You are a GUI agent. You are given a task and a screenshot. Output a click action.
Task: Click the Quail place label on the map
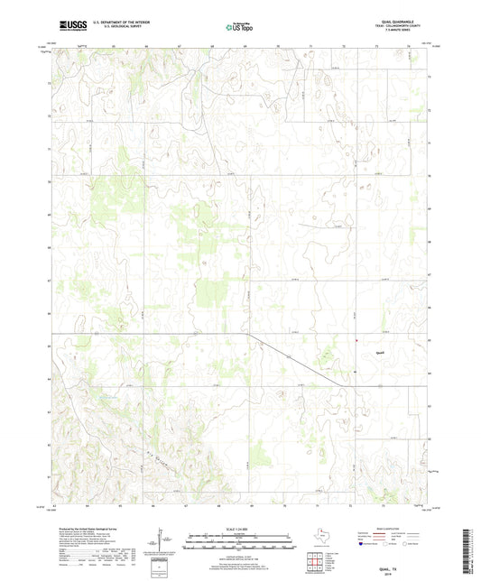point(381,352)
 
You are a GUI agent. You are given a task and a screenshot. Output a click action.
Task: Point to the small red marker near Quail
point(356,340)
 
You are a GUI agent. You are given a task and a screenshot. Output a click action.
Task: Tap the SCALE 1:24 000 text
point(239,528)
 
